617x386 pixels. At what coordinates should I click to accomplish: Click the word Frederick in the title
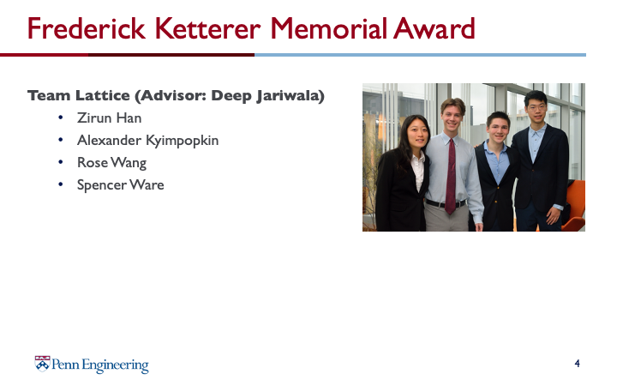point(87,28)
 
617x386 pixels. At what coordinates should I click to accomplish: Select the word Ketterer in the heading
point(207,28)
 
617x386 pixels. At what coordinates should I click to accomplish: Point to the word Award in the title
point(434,28)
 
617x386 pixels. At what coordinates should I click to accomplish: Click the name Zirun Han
point(109,118)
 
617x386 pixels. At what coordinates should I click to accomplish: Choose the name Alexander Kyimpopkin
point(147,141)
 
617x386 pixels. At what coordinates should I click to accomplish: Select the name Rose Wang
point(111,163)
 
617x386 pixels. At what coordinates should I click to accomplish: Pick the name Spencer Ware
point(121,184)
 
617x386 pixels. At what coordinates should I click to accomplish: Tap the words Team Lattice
point(78,96)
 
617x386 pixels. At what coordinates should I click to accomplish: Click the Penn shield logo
point(42,364)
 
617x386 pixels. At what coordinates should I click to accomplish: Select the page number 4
point(577,363)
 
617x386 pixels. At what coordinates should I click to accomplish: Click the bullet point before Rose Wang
point(60,162)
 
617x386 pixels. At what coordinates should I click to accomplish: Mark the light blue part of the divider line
point(420,55)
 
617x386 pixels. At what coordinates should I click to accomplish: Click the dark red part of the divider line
point(127,55)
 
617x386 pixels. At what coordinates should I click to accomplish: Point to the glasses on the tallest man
point(536,106)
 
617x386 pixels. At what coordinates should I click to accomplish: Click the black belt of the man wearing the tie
point(446,203)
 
